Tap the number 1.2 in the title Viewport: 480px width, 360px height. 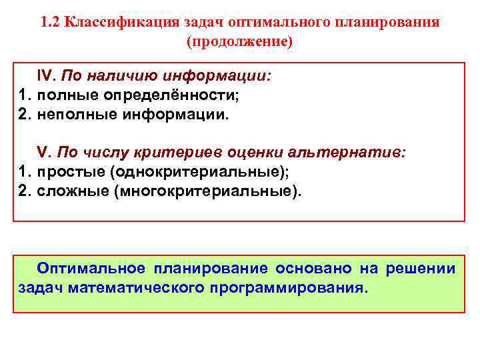coord(51,22)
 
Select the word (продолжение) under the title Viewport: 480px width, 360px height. coord(240,41)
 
